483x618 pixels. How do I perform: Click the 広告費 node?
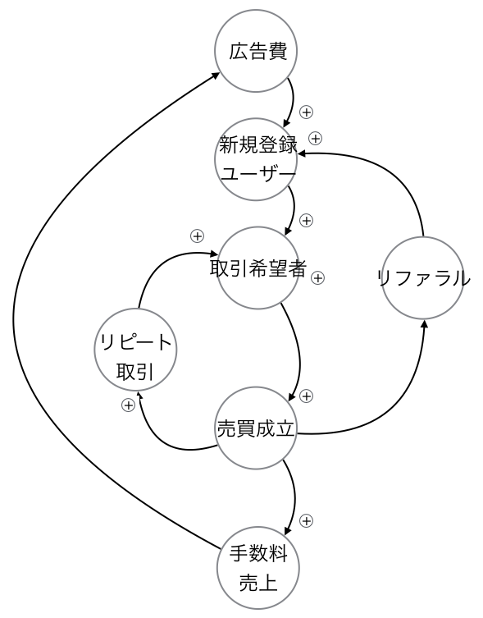256,51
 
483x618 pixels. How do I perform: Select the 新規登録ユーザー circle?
256,159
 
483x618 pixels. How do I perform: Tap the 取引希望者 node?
257,268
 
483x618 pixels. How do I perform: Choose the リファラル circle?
423,278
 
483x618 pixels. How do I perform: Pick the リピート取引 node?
135,350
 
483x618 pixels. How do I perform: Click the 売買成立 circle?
256,428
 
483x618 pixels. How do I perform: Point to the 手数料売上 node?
258,568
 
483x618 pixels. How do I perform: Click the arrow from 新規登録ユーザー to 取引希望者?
294,211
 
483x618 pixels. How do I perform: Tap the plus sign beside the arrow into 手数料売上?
307,520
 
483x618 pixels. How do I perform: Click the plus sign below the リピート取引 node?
129,405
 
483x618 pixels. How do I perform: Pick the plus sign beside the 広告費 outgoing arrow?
307,112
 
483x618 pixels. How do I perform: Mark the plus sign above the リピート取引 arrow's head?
198,236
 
